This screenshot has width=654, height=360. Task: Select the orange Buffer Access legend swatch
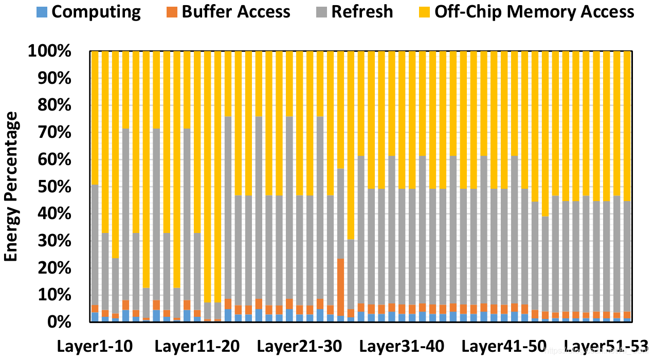[x=173, y=11]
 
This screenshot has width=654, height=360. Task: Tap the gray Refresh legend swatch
[x=323, y=11]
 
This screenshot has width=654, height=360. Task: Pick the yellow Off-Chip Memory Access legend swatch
[x=426, y=11]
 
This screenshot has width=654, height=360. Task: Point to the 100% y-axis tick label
[x=50, y=52]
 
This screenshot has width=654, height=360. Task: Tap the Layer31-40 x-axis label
[x=401, y=346]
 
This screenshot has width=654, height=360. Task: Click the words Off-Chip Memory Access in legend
[x=534, y=11]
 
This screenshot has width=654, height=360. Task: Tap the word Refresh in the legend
[x=362, y=11]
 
